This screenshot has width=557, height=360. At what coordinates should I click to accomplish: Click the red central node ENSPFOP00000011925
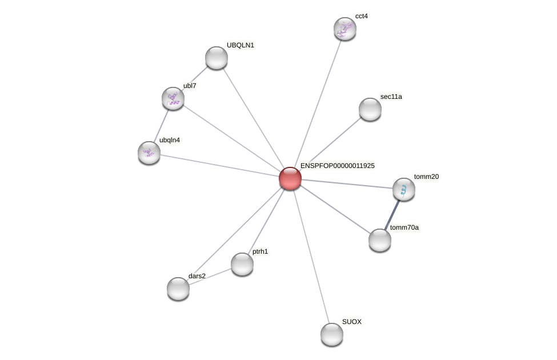[x=290, y=178]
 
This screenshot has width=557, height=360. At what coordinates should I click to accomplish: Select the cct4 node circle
[x=345, y=29]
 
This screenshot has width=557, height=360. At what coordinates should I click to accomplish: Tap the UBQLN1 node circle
[x=217, y=58]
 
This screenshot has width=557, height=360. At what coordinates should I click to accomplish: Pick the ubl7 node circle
[x=173, y=98]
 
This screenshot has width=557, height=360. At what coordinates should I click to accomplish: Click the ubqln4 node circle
[x=149, y=153]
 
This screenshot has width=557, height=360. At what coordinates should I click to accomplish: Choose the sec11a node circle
[x=370, y=109]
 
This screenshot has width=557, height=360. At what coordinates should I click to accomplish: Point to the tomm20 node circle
[x=404, y=189]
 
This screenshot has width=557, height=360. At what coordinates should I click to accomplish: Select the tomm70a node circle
[x=380, y=240]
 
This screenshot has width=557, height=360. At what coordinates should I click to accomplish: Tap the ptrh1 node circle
[x=242, y=264]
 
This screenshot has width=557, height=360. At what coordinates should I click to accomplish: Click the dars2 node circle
[x=178, y=289]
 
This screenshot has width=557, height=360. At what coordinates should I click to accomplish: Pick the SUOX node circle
[x=332, y=334]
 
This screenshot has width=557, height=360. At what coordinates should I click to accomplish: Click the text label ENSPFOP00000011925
[x=337, y=166]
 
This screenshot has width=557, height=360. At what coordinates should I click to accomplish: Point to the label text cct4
[x=362, y=16]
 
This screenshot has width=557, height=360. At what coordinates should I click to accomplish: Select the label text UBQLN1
[x=240, y=45]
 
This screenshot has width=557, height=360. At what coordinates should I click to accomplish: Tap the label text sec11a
[x=391, y=97]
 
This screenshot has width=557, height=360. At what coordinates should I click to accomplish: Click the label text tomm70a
[x=404, y=227]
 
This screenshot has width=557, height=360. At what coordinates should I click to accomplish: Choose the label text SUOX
[x=351, y=322]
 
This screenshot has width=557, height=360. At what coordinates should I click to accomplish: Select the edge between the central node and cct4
[x=318, y=103]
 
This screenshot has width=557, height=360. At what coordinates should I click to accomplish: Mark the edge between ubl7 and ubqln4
[x=162, y=125]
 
